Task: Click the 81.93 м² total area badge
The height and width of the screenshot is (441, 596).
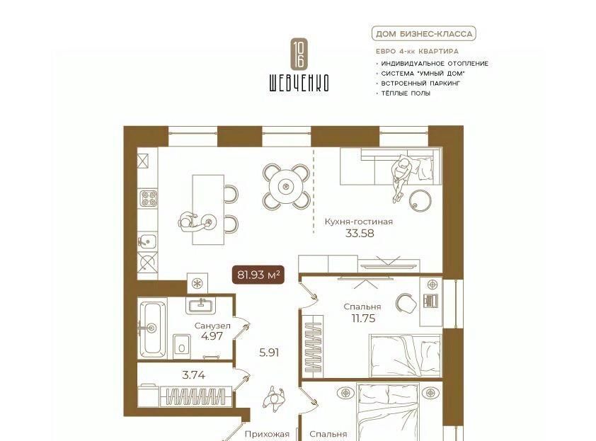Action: click(x=258, y=275)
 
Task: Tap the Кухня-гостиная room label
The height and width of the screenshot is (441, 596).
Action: click(x=358, y=222)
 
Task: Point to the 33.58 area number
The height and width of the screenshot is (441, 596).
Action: click(x=359, y=234)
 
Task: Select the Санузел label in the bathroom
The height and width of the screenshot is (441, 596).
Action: click(x=212, y=326)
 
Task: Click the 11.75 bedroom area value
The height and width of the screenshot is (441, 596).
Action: click(x=363, y=319)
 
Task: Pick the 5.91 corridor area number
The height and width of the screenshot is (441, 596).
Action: click(x=269, y=353)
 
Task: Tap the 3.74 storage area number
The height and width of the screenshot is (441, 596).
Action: click(x=194, y=375)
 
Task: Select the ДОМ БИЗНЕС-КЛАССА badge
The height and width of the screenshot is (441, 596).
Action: click(x=424, y=34)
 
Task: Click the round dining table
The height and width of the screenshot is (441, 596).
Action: click(x=285, y=186)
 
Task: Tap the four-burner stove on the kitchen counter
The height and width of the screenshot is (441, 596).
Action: click(x=148, y=198)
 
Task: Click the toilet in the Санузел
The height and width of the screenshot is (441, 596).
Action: click(x=182, y=346)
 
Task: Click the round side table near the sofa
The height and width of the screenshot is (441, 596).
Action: click(x=420, y=200)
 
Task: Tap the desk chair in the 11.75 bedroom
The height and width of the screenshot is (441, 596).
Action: click(x=406, y=303)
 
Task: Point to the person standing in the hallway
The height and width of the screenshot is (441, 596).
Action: click(x=275, y=399)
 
